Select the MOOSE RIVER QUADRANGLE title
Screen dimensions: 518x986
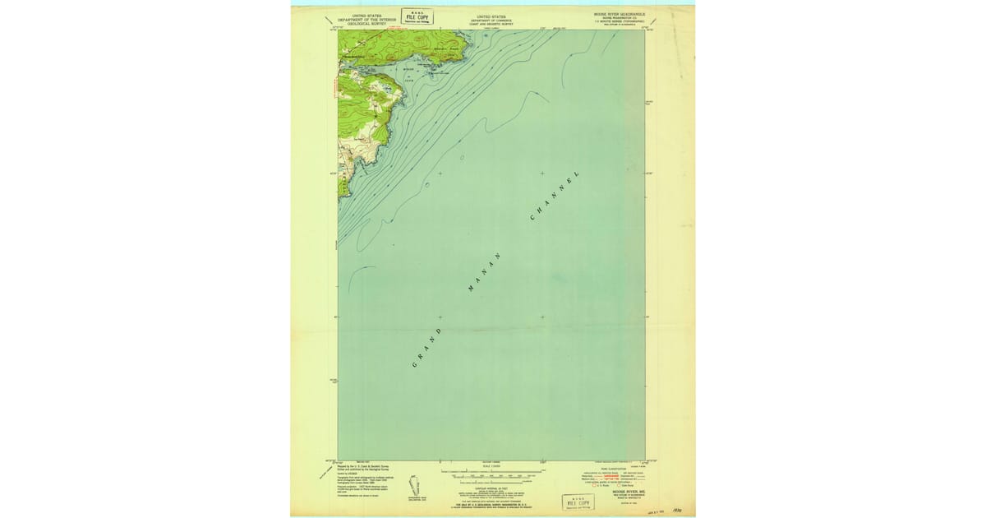[614, 14]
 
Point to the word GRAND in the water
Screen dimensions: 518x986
[426, 348]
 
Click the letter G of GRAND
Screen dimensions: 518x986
[414, 363]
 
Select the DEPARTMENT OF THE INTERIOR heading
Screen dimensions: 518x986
[366, 19]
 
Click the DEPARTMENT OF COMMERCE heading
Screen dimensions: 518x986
[491, 19]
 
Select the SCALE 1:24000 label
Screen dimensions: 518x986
[491, 466]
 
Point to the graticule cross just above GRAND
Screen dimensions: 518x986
[440, 317]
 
